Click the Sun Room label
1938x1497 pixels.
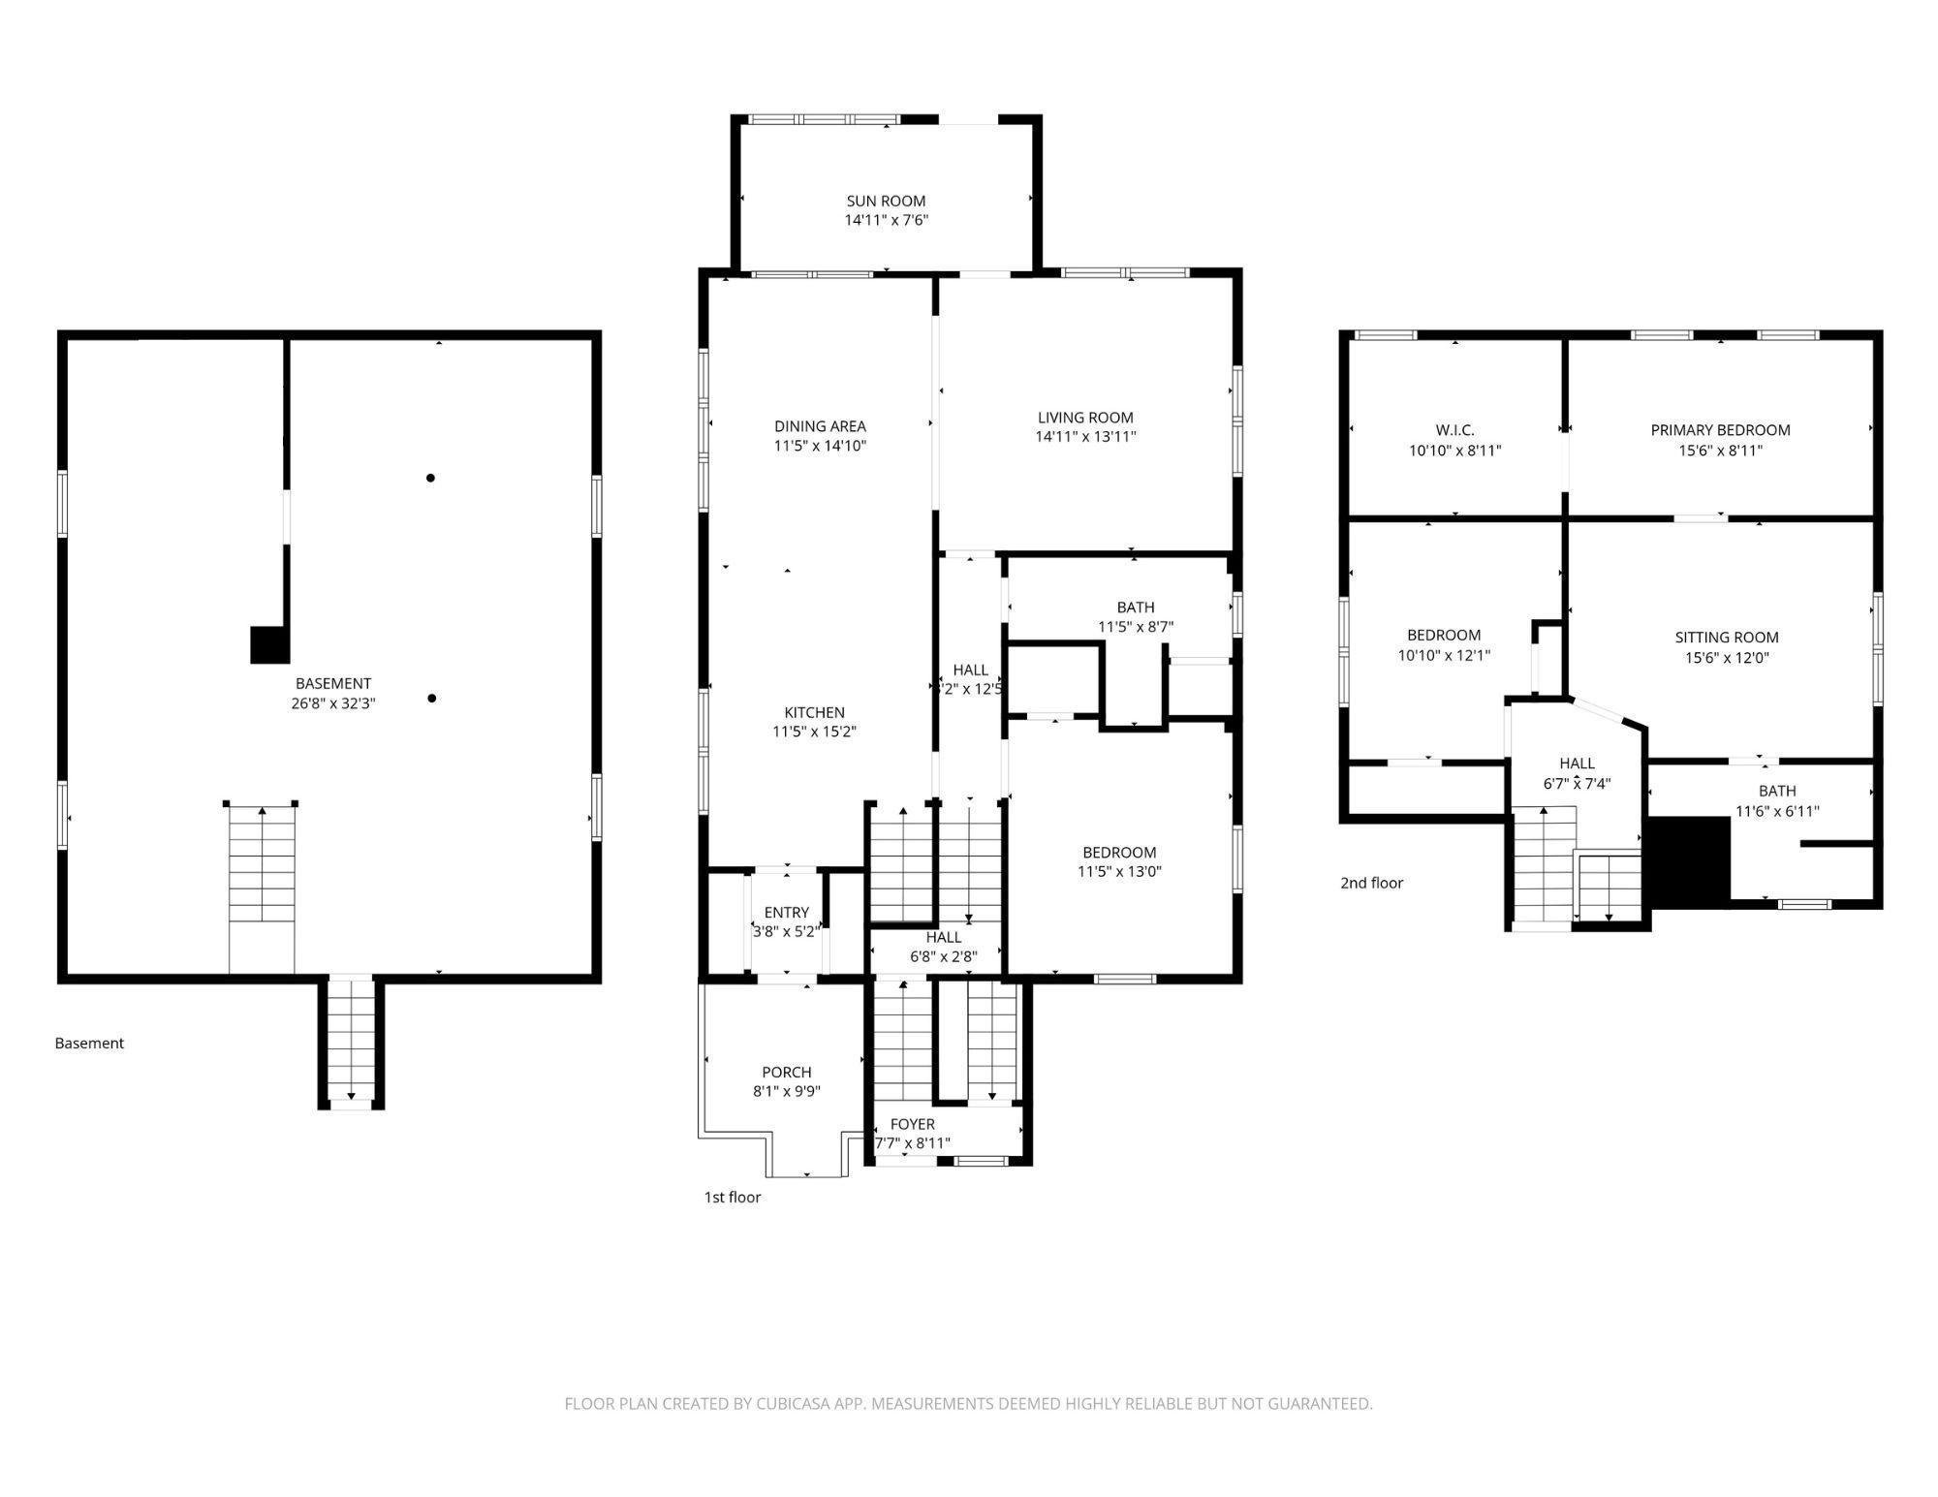(886, 202)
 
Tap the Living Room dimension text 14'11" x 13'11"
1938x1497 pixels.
(1085, 437)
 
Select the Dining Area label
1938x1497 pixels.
(820, 426)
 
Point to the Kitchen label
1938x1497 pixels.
(814, 713)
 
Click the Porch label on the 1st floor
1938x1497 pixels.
(787, 1073)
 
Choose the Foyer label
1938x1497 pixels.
(913, 1124)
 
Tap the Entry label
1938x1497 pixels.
(787, 913)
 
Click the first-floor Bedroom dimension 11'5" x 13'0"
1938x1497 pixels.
(1119, 871)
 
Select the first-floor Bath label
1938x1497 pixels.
(1136, 608)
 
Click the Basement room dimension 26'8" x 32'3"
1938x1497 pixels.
(333, 703)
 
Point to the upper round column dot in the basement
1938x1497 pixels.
(430, 478)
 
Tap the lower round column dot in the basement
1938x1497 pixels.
(431, 699)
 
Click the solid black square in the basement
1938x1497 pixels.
(270, 645)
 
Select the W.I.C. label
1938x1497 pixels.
(1455, 430)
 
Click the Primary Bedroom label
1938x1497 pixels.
(1720, 430)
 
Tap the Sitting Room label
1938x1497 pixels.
(1727, 638)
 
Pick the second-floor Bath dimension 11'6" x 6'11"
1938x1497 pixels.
(1777, 811)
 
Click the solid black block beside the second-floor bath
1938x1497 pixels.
(1689, 858)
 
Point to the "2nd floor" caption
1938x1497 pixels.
(1371, 883)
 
